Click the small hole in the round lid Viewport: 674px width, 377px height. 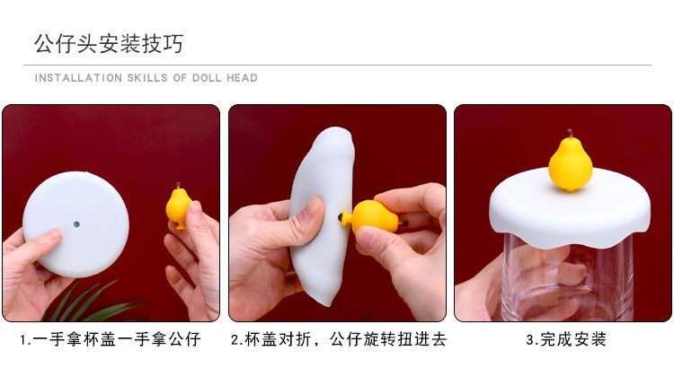pyautogui.click(x=76, y=224)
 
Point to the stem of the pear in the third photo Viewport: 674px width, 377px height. pyautogui.click(x=570, y=134)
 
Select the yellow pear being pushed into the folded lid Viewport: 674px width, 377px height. pyautogui.click(x=372, y=216)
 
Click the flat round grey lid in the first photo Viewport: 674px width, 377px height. pyautogui.click(x=76, y=224)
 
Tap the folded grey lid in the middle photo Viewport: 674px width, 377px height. pyautogui.click(x=324, y=215)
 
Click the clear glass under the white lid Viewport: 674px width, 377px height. pyautogui.click(x=567, y=279)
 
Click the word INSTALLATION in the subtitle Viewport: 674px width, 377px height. pyautogui.click(x=78, y=78)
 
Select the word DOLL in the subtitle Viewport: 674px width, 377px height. pyautogui.click(x=207, y=78)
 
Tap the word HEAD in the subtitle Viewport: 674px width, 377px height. pyautogui.click(x=242, y=78)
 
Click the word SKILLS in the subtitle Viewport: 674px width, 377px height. pyautogui.click(x=147, y=78)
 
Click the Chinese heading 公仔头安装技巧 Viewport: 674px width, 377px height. pyautogui.click(x=109, y=44)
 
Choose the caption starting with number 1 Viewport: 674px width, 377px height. pyautogui.click(x=110, y=339)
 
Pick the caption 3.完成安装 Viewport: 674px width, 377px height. pyautogui.click(x=566, y=339)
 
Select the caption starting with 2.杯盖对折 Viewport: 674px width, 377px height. pyautogui.click(x=339, y=339)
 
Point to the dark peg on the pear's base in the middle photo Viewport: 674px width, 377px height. pyautogui.click(x=341, y=217)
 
